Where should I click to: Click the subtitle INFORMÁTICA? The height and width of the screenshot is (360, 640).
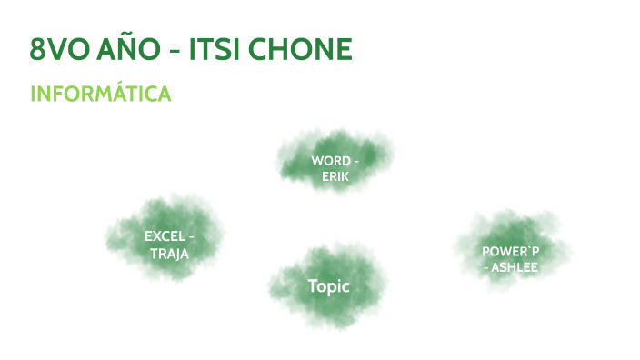(100, 95)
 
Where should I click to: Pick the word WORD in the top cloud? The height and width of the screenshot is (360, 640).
(330, 161)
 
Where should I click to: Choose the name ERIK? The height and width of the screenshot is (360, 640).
(335, 176)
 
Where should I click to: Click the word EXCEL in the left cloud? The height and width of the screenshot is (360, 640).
(165, 236)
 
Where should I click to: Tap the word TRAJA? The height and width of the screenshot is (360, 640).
(170, 254)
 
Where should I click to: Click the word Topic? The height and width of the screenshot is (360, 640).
(328, 286)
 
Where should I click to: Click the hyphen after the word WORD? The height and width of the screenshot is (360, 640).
(355, 162)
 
